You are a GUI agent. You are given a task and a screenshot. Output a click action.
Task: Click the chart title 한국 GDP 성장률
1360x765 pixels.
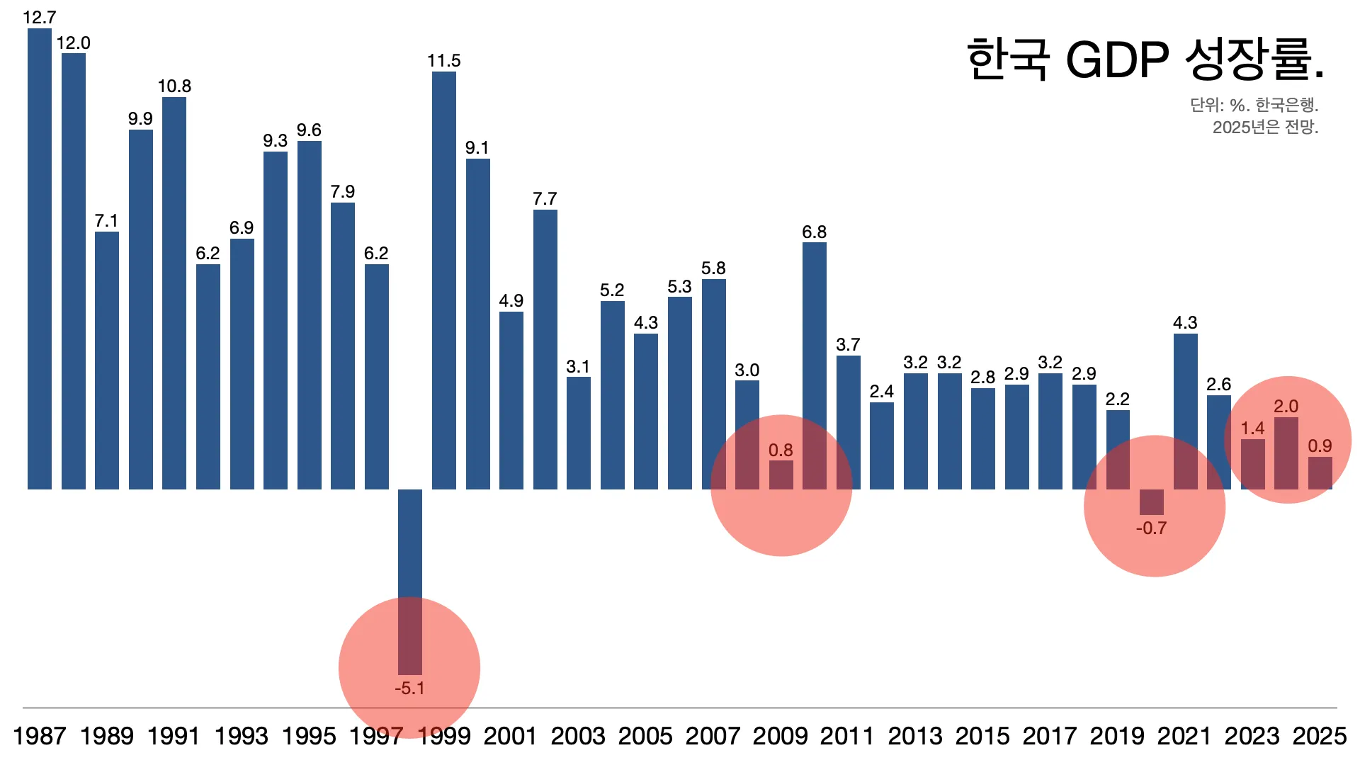pyautogui.click(x=1145, y=59)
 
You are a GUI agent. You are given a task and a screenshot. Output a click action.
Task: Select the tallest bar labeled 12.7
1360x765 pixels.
pyautogui.click(x=40, y=259)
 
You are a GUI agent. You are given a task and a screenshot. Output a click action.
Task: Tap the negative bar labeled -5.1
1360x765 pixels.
pyautogui.click(x=410, y=581)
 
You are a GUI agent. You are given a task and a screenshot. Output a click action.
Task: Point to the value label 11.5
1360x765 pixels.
pyautogui.click(x=444, y=61)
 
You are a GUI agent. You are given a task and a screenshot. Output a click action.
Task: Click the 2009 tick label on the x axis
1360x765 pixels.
pyautogui.click(x=780, y=736)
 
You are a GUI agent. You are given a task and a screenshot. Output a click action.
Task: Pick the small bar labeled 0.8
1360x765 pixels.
pyautogui.click(x=781, y=475)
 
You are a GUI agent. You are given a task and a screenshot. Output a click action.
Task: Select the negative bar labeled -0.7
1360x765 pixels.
pyautogui.click(x=1151, y=501)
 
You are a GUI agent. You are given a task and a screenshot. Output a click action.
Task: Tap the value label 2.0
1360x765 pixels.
pyautogui.click(x=1286, y=407)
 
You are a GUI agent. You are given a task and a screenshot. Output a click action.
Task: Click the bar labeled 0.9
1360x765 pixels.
pyautogui.click(x=1320, y=473)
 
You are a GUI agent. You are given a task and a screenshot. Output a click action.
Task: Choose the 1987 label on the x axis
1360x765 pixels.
pyautogui.click(x=40, y=736)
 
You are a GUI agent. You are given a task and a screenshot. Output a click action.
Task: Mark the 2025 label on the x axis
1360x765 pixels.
pyautogui.click(x=1319, y=736)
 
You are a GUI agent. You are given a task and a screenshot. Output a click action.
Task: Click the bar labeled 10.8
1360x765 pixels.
pyautogui.click(x=174, y=293)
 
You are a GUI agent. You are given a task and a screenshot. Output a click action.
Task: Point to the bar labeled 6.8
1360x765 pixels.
pyautogui.click(x=815, y=365)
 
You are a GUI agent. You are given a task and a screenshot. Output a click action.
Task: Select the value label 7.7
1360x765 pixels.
pyautogui.click(x=545, y=199)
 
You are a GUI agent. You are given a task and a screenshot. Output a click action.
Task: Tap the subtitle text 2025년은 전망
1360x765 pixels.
pyautogui.click(x=1265, y=127)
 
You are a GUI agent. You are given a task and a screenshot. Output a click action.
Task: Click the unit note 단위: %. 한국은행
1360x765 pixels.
pyautogui.click(x=1254, y=106)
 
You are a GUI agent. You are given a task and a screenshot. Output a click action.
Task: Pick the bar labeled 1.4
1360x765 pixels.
pyautogui.click(x=1252, y=464)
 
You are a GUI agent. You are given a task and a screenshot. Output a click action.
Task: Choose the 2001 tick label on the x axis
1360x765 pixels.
pyautogui.click(x=510, y=736)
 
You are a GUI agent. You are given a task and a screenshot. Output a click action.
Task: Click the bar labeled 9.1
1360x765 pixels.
pyautogui.click(x=478, y=324)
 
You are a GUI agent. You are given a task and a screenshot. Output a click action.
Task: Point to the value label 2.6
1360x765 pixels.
pyautogui.click(x=1218, y=385)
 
